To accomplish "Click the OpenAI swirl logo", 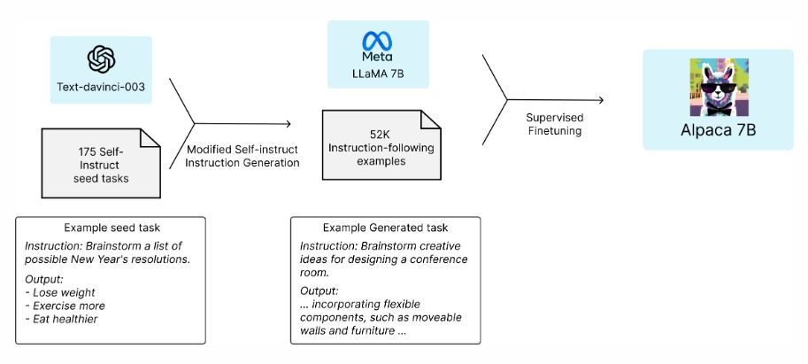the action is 101,59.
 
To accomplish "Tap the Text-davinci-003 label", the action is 101,86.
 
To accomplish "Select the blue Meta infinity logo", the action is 377,41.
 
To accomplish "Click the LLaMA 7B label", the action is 378,74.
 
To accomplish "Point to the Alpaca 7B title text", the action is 719,130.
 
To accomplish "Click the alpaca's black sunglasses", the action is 719,88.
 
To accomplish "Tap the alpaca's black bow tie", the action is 719,108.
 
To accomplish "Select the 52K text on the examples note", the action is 381,136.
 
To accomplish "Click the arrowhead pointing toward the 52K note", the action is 288,124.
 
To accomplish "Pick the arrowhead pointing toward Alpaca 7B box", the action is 599,99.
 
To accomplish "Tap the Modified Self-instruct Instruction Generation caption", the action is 242,156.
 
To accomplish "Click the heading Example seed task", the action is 111,228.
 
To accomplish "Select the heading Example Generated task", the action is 386,228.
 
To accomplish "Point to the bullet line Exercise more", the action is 65,306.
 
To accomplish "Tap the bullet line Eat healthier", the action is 61,320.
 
